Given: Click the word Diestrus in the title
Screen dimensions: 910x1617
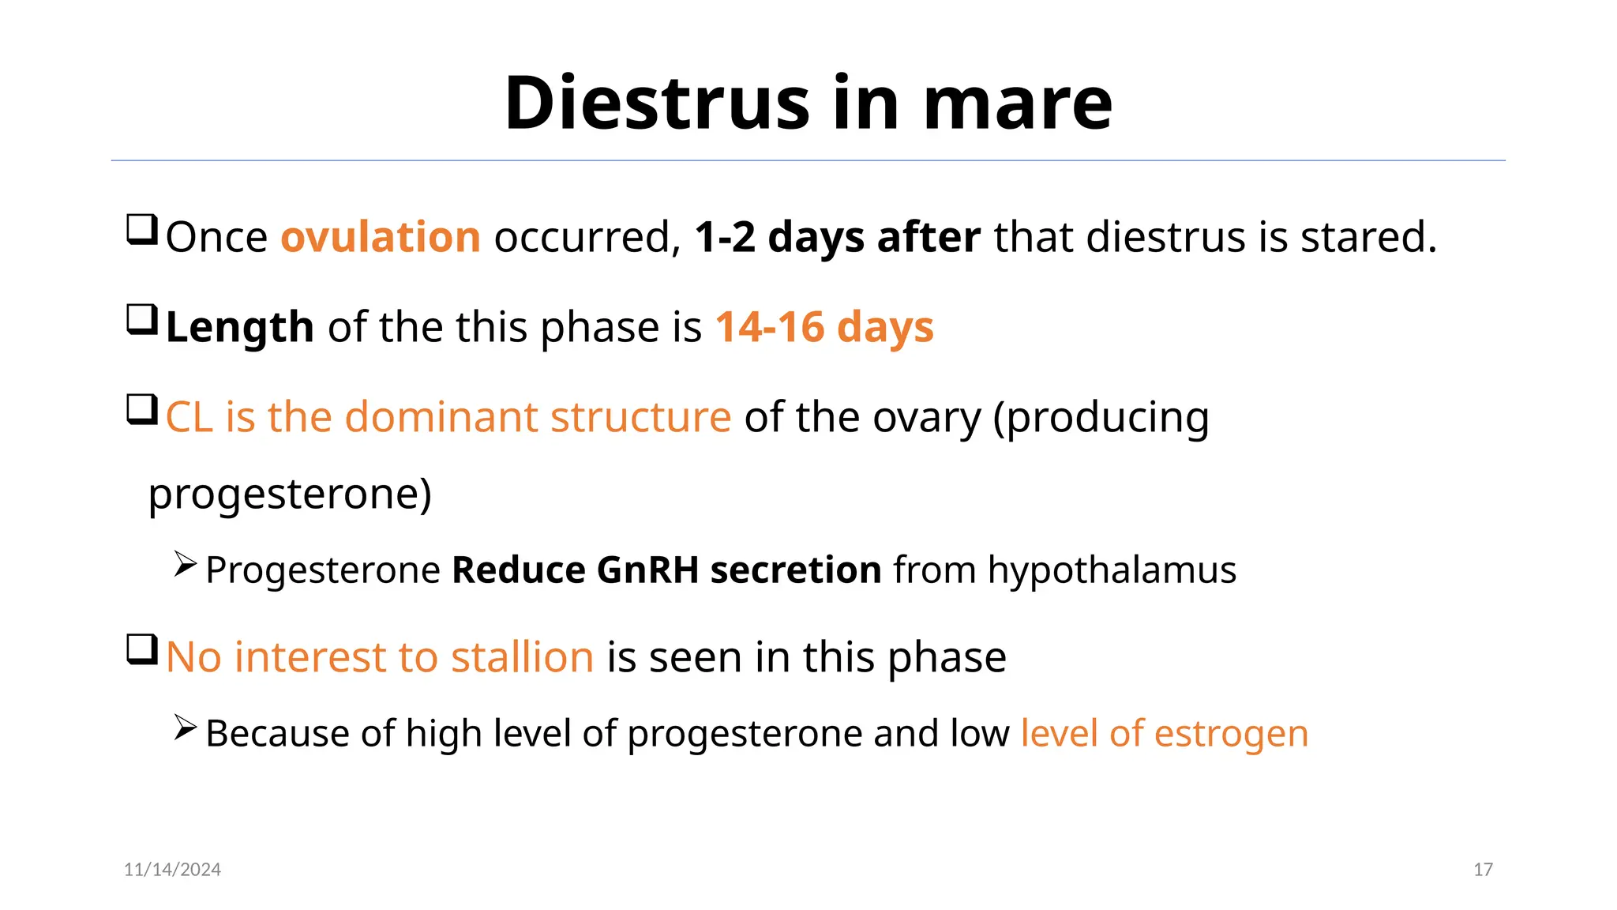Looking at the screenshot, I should tap(657, 103).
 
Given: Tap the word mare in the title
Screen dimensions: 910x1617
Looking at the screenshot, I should tap(1018, 103).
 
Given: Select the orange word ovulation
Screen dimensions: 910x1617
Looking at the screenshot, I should tap(381, 237).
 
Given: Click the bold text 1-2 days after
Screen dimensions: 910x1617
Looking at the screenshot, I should tap(837, 237).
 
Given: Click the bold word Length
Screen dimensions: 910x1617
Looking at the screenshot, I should tap(240, 327).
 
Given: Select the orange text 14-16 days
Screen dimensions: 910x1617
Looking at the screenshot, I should tap(824, 327).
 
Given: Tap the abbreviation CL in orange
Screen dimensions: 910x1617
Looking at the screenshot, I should tap(189, 417).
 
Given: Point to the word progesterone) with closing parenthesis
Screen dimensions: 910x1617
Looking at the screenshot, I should tap(290, 494).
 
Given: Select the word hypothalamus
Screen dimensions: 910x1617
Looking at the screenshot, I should tap(1112, 570).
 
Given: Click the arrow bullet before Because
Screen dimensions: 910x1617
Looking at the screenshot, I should tap(185, 728).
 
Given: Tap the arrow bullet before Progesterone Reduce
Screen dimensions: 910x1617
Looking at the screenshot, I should tap(185, 564).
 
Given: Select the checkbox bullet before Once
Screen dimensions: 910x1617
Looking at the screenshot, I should tap(142, 230).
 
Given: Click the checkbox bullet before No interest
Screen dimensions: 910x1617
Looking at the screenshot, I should tap(142, 650).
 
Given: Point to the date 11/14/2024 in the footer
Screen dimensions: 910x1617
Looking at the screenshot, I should tap(172, 870).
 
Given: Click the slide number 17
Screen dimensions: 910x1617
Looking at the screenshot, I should tap(1483, 870).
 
